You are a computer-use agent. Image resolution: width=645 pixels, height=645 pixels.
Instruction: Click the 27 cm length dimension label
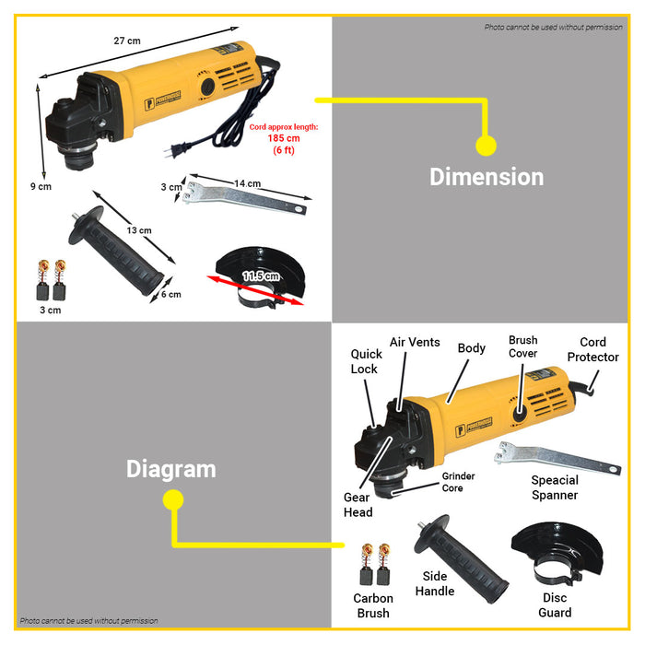pos(127,41)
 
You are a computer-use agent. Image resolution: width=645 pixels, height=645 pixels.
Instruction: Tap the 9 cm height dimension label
pos(41,186)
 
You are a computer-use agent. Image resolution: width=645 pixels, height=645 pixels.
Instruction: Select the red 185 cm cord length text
pos(284,138)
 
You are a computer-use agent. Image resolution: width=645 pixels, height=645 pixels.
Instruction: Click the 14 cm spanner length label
pos(247,183)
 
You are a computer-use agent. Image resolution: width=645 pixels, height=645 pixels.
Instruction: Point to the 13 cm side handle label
pos(139,229)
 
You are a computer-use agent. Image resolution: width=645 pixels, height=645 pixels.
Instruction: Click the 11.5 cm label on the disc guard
pos(261,276)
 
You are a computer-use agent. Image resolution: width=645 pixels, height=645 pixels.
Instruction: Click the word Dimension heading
pos(487,176)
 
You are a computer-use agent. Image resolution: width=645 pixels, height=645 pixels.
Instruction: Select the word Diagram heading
pos(170,469)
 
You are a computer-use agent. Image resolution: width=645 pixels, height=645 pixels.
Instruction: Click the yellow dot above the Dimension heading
pos(486,145)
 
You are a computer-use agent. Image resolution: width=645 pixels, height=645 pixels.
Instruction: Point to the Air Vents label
pos(415,342)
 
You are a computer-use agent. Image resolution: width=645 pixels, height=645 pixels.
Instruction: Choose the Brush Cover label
pos(522,347)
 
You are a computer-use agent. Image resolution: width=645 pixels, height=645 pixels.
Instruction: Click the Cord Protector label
pos(592,350)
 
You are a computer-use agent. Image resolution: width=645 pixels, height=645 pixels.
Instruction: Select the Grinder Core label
pos(458,482)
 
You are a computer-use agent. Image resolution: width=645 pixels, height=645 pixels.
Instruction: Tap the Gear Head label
pos(358,504)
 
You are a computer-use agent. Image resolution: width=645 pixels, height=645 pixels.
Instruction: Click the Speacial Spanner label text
pos(555,487)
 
